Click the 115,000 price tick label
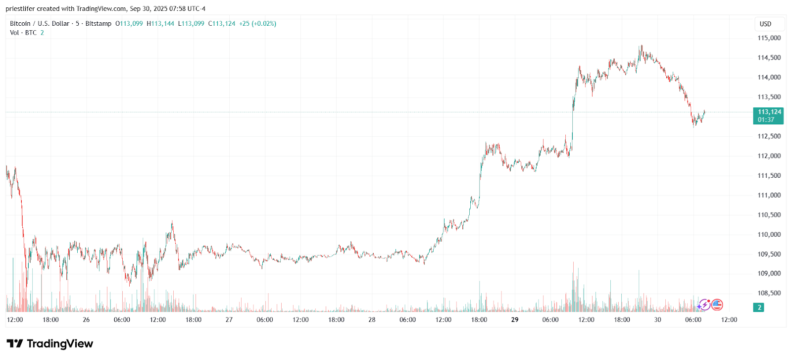pyautogui.click(x=769, y=38)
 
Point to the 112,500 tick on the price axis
pyautogui.click(x=769, y=136)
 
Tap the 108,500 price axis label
pyautogui.click(x=769, y=293)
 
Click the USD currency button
pyautogui.click(x=765, y=24)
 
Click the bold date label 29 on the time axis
pyautogui.click(x=515, y=320)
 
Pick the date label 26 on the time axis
pyautogui.click(x=86, y=320)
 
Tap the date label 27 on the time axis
pyautogui.click(x=229, y=320)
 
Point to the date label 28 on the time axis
pyautogui.click(x=372, y=320)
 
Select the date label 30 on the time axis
pyautogui.click(x=657, y=320)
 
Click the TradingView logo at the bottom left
pyautogui.click(x=49, y=344)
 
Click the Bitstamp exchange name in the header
pyautogui.click(x=98, y=24)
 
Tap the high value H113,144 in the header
pyautogui.click(x=160, y=24)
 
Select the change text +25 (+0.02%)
pyautogui.click(x=257, y=24)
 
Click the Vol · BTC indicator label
pyautogui.click(x=23, y=33)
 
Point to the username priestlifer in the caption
pyautogui.click(x=20, y=9)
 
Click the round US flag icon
pyautogui.click(x=717, y=305)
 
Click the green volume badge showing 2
pyautogui.click(x=759, y=308)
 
